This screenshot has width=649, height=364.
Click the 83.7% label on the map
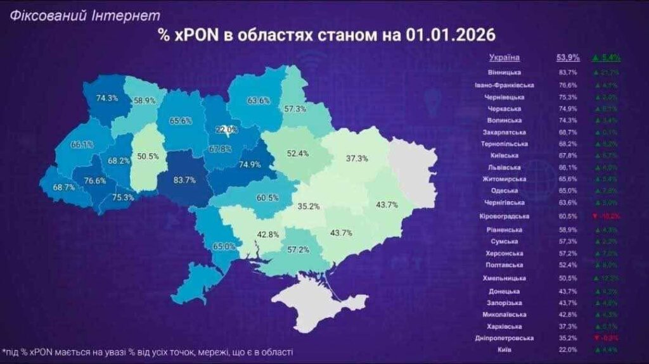(184, 180)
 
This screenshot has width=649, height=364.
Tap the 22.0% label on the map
(226, 130)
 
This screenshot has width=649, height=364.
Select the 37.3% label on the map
(357, 159)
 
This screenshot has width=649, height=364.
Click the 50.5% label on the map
(146, 156)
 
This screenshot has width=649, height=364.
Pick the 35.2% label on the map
(309, 206)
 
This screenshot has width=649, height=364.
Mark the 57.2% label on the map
(299, 250)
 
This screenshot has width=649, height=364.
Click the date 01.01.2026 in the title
(450, 35)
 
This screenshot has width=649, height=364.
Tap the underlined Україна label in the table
(504, 58)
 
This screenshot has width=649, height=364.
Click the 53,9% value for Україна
(567, 58)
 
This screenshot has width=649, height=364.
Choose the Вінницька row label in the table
(504, 72)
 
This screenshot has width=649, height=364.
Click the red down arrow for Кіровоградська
(594, 216)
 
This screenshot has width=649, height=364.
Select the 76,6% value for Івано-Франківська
(567, 85)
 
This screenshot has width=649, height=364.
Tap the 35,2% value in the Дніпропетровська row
(567, 338)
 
